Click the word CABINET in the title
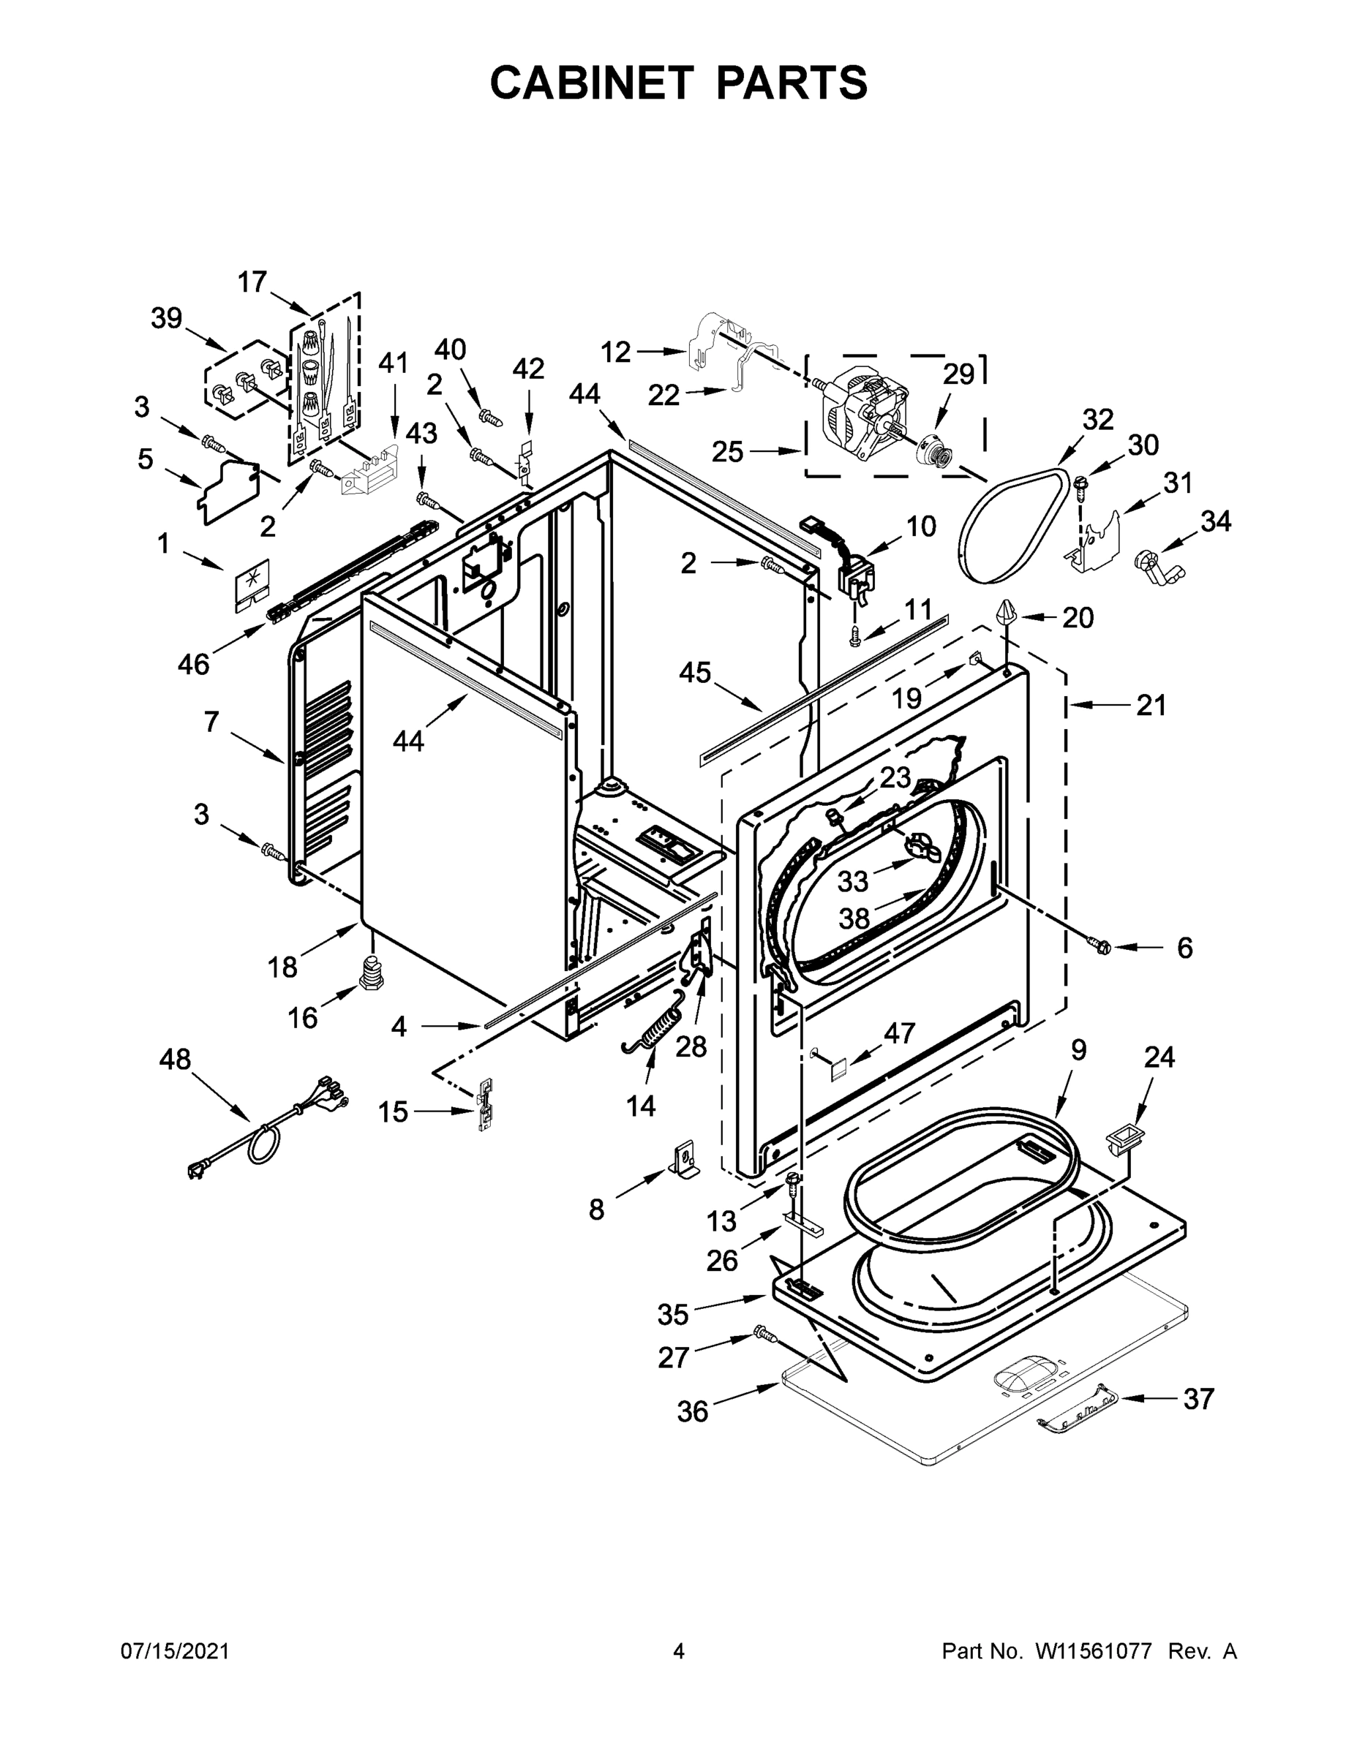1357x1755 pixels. coord(591,83)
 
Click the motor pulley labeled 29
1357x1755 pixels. coord(936,448)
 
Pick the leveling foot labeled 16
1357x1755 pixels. coord(371,973)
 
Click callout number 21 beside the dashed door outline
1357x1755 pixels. coord(1151,706)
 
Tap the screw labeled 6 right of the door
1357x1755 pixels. coord(1102,948)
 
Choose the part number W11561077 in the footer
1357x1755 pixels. coord(1094,1651)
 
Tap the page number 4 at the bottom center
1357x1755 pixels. coord(679,1651)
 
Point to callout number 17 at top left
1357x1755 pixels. coord(252,282)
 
